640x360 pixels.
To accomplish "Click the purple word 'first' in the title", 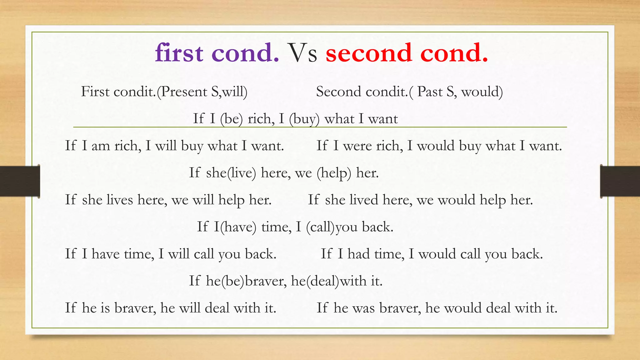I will [x=179, y=53].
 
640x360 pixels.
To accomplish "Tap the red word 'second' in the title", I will [x=368, y=53].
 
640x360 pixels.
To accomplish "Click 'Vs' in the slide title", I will [x=302, y=53].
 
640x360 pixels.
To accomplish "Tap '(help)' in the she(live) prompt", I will [x=334, y=173].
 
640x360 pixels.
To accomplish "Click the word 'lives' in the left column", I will [x=120, y=200].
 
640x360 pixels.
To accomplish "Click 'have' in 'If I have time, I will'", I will [x=106, y=254].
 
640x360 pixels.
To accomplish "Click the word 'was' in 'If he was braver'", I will [x=363, y=308].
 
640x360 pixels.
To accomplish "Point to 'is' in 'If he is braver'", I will [x=105, y=308].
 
